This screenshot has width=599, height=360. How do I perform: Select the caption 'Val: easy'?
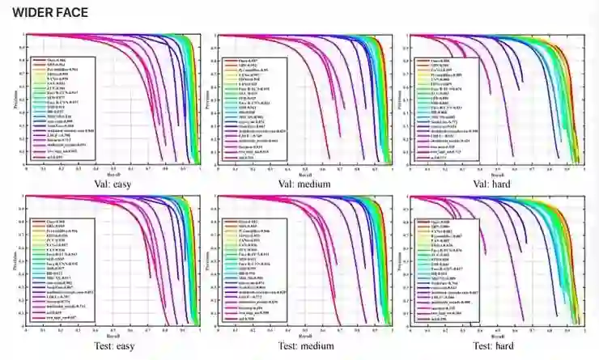(113, 184)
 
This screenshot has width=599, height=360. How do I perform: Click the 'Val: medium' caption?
(304, 184)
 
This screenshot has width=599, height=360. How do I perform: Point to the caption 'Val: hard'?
(497, 184)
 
